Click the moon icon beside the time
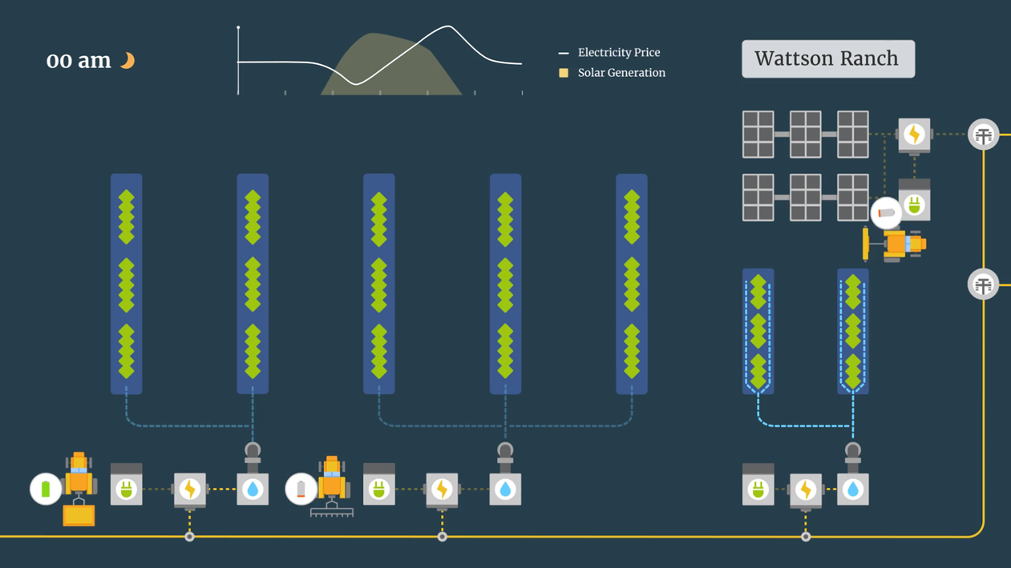[x=127, y=60]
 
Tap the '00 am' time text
[x=79, y=61]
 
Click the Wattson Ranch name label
[x=827, y=58]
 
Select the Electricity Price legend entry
[x=618, y=53]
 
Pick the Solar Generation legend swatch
[x=564, y=73]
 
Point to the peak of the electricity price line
[x=447, y=27]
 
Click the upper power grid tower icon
[x=983, y=135]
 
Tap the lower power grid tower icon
[x=983, y=284]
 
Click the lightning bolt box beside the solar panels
[x=914, y=135]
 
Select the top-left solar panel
[x=758, y=135]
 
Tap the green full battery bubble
[x=46, y=489]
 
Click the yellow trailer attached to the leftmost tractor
[x=79, y=515]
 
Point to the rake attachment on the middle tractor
[x=331, y=511]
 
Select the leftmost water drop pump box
[x=253, y=489]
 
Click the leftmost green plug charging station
[x=126, y=489]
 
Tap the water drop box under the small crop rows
[x=852, y=489]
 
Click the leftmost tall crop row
[x=126, y=284]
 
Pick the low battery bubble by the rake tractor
[x=301, y=489]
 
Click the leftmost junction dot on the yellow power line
[x=189, y=536]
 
